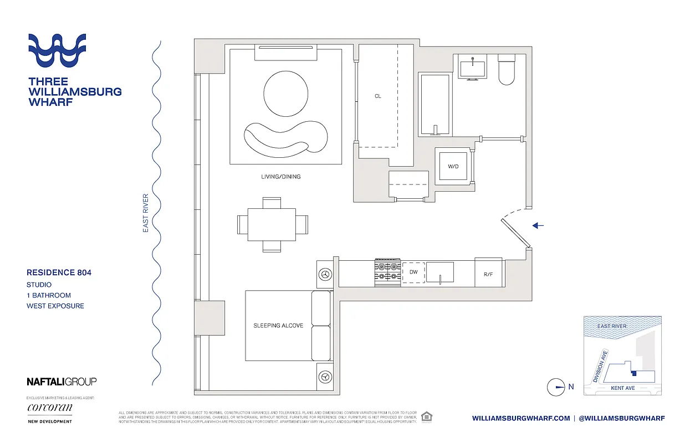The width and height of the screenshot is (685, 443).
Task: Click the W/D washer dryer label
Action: coord(453,167)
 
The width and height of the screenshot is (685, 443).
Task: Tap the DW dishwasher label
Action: coord(412,272)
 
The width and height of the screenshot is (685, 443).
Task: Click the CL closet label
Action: coord(377,96)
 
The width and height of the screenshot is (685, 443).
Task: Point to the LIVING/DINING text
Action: coord(280,177)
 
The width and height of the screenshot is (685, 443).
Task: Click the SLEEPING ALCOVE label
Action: coord(278,326)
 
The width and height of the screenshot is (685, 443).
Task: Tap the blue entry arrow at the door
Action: coord(538,225)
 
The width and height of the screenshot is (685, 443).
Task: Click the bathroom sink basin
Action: coord(472,68)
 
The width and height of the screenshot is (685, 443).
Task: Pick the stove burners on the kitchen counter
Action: coord(387,271)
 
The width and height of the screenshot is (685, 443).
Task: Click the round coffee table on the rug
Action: coord(286,94)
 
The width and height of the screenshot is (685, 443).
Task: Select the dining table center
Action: coord(272,224)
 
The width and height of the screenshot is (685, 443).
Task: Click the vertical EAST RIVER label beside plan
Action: coord(146,213)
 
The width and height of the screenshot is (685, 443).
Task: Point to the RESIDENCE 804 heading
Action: coord(59,272)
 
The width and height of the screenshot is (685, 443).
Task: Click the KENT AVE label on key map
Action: coord(622,388)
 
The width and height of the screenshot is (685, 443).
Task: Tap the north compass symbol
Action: coord(556,387)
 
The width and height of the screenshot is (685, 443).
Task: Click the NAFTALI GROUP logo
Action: coord(62,382)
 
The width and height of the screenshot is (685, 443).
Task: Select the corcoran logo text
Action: coord(49,408)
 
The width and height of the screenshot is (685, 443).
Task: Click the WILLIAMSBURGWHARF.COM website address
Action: coord(521,419)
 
